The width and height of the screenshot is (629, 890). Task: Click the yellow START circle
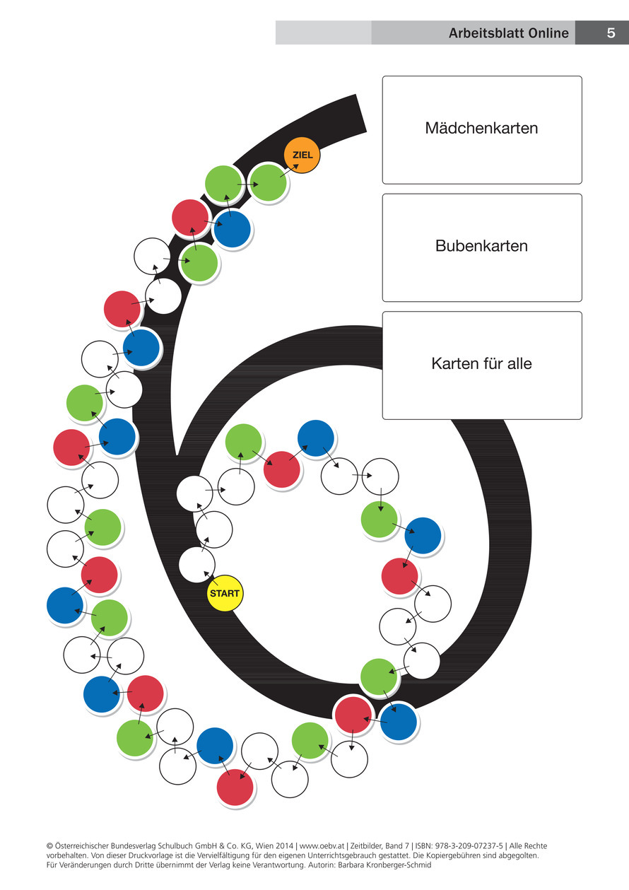225,593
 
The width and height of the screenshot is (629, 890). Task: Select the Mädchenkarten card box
482,129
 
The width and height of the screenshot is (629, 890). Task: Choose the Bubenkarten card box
482,247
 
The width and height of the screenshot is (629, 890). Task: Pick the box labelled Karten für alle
482,365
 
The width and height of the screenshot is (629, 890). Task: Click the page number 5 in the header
611,33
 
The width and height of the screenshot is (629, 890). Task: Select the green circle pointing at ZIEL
269,182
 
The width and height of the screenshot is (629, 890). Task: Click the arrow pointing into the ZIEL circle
287,170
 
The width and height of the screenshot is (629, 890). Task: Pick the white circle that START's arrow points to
196,564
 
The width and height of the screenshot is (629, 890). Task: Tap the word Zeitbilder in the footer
368,845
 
